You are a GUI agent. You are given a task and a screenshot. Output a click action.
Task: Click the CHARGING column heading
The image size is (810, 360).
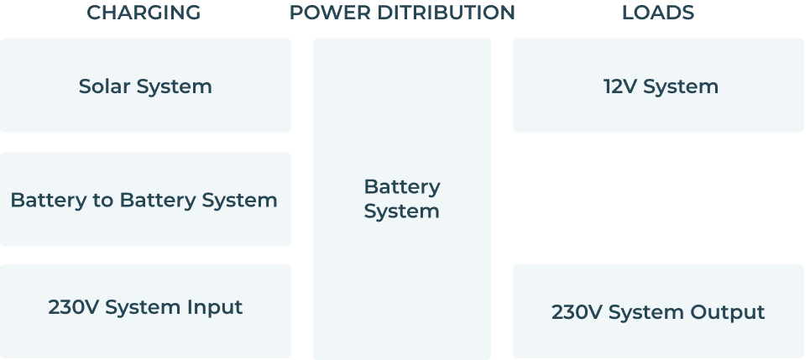click(x=144, y=13)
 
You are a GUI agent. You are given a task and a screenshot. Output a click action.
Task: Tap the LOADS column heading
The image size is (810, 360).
click(x=658, y=13)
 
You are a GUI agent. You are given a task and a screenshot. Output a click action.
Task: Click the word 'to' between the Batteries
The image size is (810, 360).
click(x=105, y=201)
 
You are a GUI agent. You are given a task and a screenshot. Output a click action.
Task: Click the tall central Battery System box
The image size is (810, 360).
click(x=401, y=277)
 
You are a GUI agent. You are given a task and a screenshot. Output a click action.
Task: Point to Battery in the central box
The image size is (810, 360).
click(x=401, y=186)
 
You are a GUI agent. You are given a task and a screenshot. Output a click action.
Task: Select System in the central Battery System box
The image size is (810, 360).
click(x=401, y=211)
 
